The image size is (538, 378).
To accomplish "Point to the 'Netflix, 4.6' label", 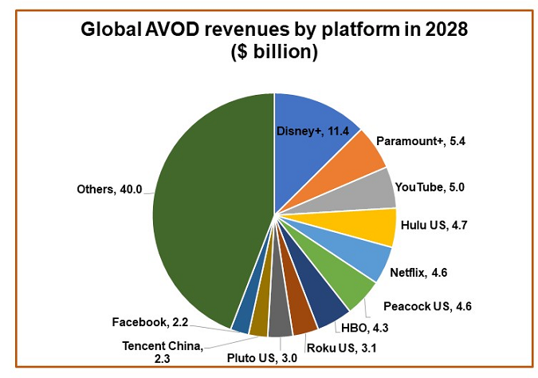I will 423,272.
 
